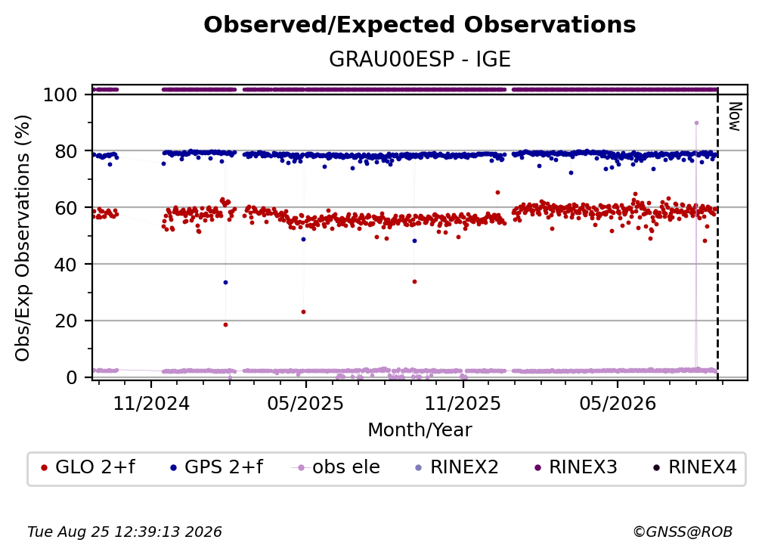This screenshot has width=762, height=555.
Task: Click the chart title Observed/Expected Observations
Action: [420, 25]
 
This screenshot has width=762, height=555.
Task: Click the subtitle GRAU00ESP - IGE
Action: [420, 60]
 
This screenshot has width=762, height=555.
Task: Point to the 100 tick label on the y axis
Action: [60, 95]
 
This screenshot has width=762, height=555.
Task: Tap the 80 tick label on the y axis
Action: [66, 152]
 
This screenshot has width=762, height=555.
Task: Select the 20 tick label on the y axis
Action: [66, 321]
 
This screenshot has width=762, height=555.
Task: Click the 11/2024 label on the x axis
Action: [151, 403]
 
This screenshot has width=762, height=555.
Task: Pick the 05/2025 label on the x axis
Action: [305, 403]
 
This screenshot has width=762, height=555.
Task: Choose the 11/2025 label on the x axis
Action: [463, 403]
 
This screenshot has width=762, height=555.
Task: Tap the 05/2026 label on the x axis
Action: [618, 403]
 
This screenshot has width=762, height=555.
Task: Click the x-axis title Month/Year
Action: [420, 430]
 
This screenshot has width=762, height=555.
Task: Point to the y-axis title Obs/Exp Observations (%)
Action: [23, 238]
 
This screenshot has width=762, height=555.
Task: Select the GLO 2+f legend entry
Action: [88, 467]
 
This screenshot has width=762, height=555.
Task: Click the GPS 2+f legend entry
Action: [216, 467]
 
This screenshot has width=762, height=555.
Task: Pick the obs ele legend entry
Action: [336, 467]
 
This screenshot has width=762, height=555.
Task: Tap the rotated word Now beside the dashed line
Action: [735, 116]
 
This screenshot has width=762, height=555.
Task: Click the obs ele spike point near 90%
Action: [696, 123]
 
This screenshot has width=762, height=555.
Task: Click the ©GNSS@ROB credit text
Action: [683, 532]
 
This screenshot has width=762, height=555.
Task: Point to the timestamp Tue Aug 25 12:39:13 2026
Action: [125, 532]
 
